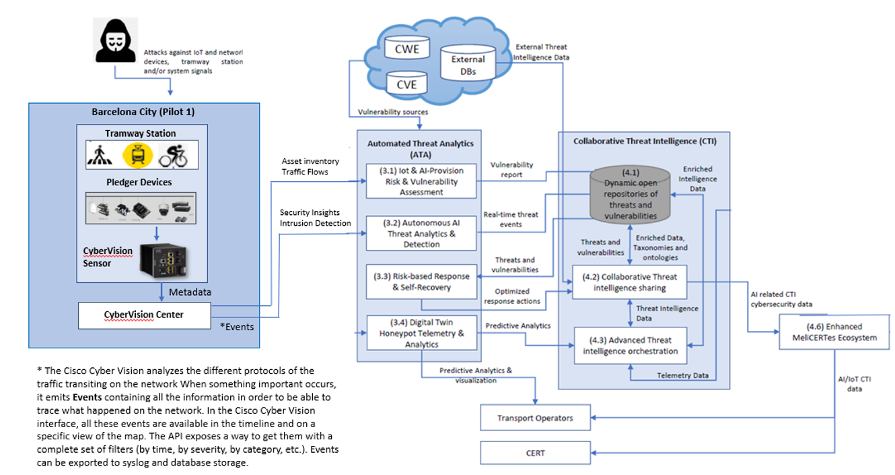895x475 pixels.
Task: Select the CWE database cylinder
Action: pyautogui.click(x=406, y=50)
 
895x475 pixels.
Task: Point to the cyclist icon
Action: pyautogui.click(x=173, y=156)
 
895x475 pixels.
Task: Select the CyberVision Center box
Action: pyautogui.click(x=144, y=315)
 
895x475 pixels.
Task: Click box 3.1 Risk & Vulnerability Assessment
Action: pyautogui.click(x=421, y=181)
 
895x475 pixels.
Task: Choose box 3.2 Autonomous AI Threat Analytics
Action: pyautogui.click(x=421, y=234)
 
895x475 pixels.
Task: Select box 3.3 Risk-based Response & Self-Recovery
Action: pyautogui.click(x=421, y=282)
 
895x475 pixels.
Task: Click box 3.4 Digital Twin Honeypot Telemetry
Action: pyautogui.click(x=421, y=332)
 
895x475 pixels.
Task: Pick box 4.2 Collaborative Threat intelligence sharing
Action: pyautogui.click(x=629, y=282)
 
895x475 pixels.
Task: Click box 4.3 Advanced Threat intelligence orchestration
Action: pyautogui.click(x=629, y=345)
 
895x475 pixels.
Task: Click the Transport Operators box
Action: pyautogui.click(x=535, y=418)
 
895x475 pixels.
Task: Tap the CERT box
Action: pyautogui.click(x=535, y=453)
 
